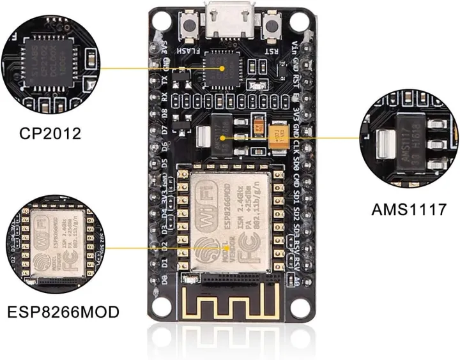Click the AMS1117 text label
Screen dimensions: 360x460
(408, 209)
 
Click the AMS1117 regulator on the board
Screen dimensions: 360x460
(220, 137)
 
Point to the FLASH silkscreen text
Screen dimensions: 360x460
(191, 49)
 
